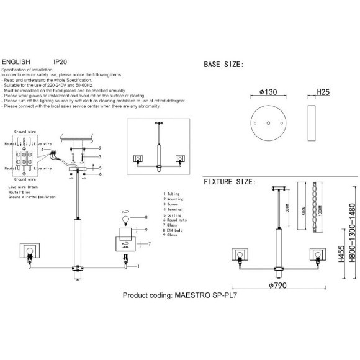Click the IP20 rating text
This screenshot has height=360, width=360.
[60, 62]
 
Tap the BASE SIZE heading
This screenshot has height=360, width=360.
[223, 65]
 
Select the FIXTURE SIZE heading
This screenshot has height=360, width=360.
[229, 182]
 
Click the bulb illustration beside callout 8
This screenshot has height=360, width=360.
[124, 219]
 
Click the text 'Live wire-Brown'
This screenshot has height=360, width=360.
[24, 186]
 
